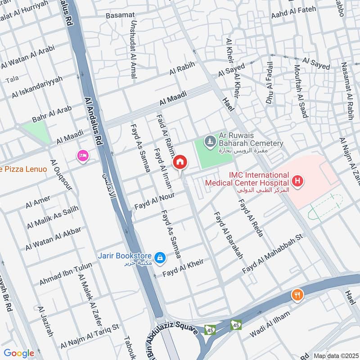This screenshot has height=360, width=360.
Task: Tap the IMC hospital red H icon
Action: pyautogui.click(x=297, y=181)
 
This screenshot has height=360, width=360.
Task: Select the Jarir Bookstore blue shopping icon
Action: pyautogui.click(x=159, y=258)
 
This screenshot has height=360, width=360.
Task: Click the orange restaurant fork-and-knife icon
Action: pyautogui.click(x=297, y=295)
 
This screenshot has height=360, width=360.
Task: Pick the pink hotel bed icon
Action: pyautogui.click(x=83, y=156)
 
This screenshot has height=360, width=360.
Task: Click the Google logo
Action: pyautogui.click(x=19, y=353)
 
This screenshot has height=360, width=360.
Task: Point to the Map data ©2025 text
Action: pyautogui.click(x=335, y=355)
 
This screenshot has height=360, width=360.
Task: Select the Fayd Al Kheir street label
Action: pyautogui.click(x=183, y=267)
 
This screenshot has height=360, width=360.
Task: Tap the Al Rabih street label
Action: pyautogui.click(x=182, y=68)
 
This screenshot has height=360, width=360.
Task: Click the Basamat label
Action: pyautogui.click(x=118, y=15)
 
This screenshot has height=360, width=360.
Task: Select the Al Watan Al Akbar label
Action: pyautogui.click(x=53, y=238)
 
